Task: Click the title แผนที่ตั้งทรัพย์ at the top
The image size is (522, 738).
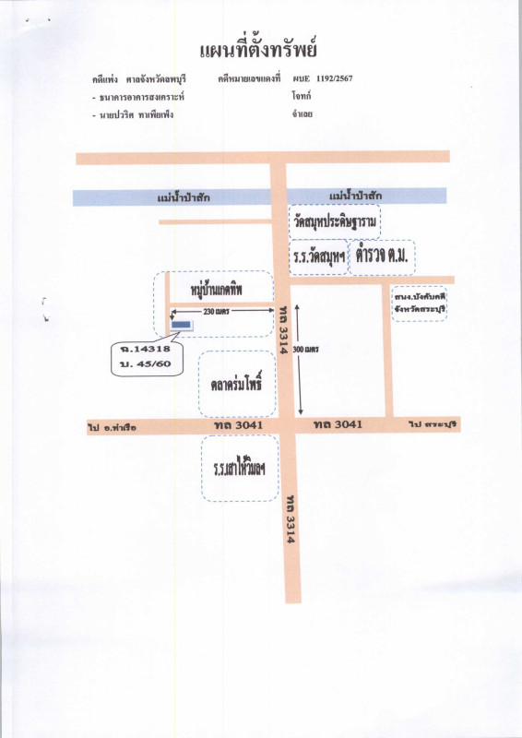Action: pyautogui.click(x=261, y=47)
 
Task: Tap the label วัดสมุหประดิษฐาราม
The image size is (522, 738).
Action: pyautogui.click(x=335, y=222)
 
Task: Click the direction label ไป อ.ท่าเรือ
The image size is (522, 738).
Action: pyautogui.click(x=112, y=426)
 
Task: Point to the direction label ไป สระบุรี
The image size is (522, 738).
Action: pyautogui.click(x=433, y=424)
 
